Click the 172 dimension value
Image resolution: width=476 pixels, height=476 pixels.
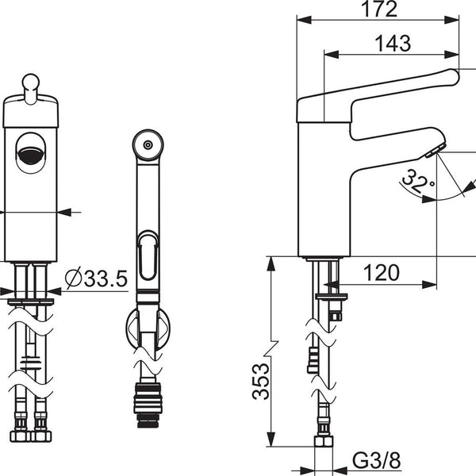click(x=379, y=9)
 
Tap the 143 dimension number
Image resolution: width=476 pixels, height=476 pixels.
click(x=393, y=44)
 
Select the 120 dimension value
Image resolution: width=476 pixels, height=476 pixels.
click(x=382, y=273)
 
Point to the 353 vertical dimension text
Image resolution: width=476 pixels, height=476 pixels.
click(x=261, y=381)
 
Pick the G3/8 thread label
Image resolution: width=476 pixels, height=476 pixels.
click(x=376, y=460)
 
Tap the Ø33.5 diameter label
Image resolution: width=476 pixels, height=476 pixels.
click(x=96, y=278)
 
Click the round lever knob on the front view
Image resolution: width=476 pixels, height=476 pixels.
click(x=31, y=83)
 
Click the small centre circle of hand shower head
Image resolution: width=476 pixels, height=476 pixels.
click(x=148, y=145)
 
